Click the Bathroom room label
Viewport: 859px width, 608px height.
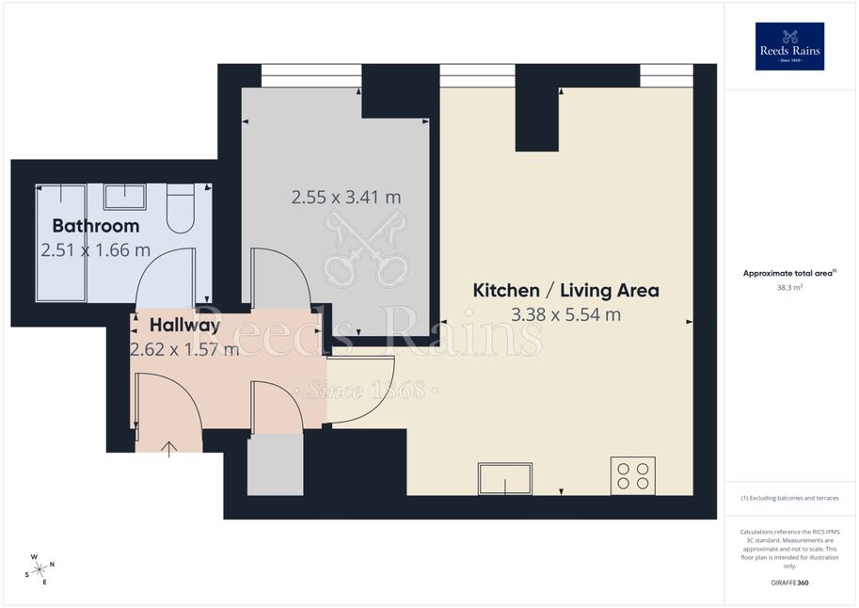[x=96, y=226]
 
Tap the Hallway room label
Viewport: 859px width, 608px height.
[x=184, y=325]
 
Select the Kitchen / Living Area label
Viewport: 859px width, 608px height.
[x=565, y=290]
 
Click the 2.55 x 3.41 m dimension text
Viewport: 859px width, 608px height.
[x=346, y=197]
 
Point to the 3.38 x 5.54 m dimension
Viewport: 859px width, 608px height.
[x=565, y=314]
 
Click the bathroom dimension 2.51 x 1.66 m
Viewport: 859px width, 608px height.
[x=96, y=250]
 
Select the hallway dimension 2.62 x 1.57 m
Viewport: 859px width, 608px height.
[x=184, y=349]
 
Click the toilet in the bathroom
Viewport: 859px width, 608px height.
[x=181, y=208]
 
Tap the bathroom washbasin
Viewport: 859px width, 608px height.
[x=125, y=197]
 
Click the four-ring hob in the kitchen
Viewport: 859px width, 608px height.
[x=633, y=476]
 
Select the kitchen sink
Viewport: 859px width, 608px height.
[x=505, y=479]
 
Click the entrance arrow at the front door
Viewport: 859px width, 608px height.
[x=169, y=449]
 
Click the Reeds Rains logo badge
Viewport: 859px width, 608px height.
[x=789, y=47]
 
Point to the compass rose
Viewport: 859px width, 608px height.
[x=40, y=569]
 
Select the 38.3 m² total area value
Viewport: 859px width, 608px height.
[x=789, y=287]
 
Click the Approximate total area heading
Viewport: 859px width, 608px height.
[x=789, y=273]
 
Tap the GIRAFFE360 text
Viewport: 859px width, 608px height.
[x=789, y=583]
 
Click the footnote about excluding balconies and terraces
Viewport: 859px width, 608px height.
[x=789, y=498]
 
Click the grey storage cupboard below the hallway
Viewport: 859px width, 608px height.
[x=276, y=465]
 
